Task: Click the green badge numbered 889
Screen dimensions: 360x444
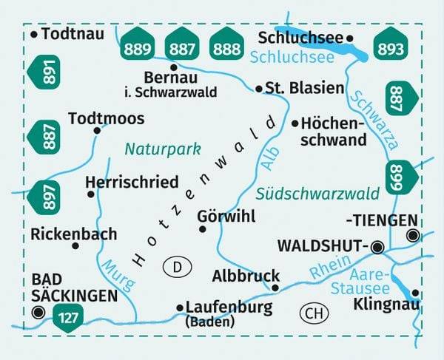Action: click(138, 48)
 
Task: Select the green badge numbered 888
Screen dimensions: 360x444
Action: click(226, 48)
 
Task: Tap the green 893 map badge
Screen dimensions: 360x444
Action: click(390, 48)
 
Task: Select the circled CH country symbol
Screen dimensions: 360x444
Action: click(314, 313)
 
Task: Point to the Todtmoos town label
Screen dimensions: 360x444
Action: click(106, 118)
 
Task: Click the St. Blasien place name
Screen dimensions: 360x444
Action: click(305, 88)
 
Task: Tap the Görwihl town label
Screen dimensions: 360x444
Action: click(226, 217)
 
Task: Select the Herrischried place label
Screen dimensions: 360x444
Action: click(132, 182)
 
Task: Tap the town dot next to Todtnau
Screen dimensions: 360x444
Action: click(35, 34)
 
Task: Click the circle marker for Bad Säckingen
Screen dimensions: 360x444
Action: click(38, 313)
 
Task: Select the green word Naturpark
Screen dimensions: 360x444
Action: click(163, 149)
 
